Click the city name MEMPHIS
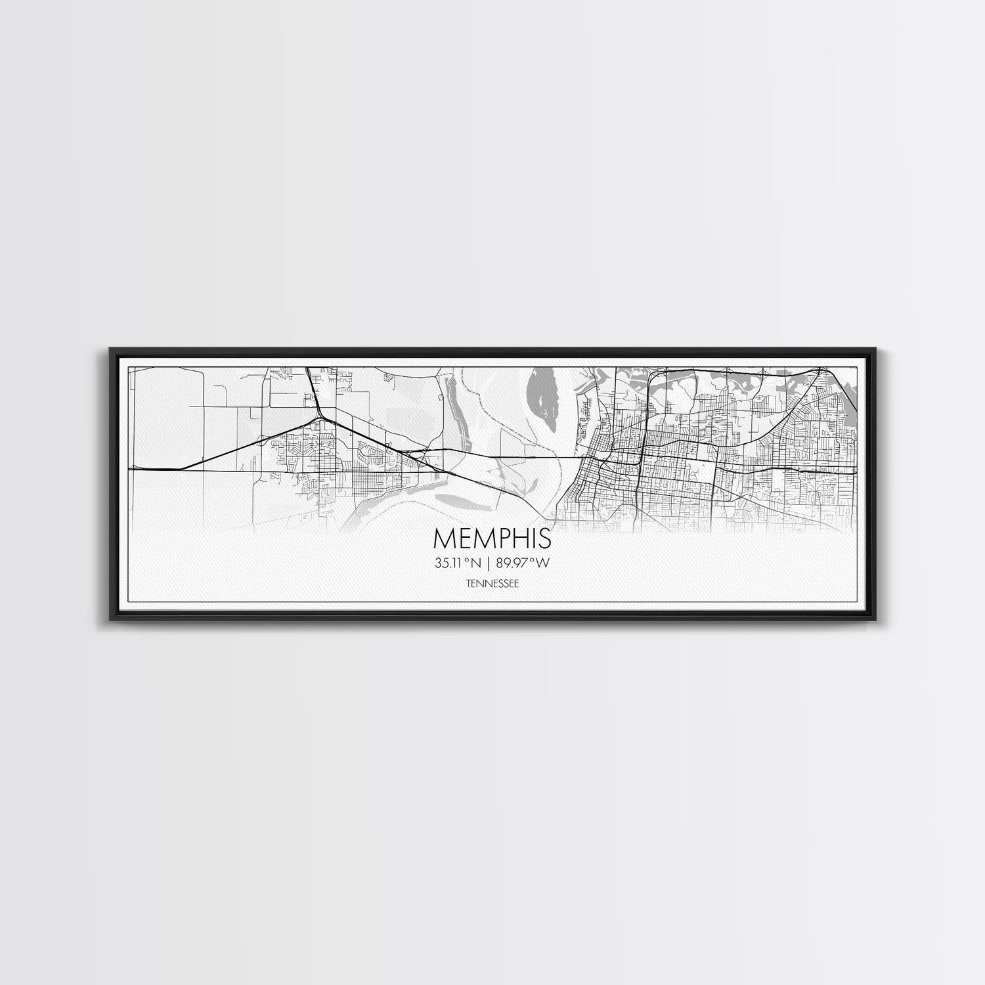coord(492,538)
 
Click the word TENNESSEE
coord(492,582)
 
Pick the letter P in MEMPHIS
coord(496,538)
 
